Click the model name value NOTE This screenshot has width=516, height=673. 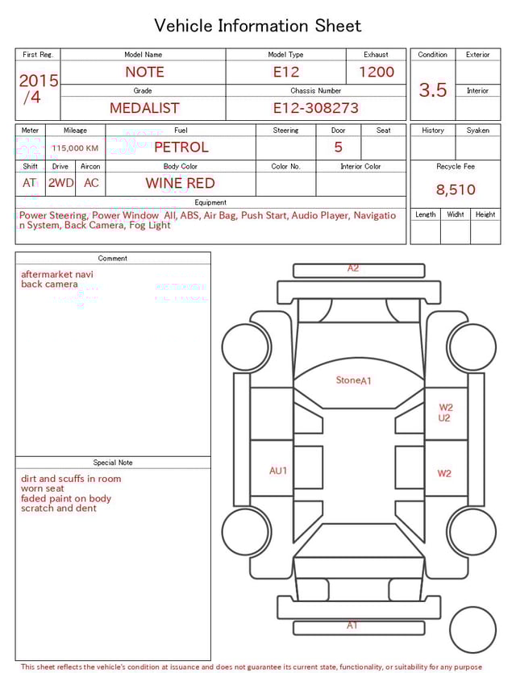pyautogui.click(x=144, y=72)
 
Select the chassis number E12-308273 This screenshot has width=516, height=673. pyautogui.click(x=315, y=107)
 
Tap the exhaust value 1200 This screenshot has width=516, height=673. pyautogui.click(x=377, y=72)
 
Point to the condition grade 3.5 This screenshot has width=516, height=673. pyautogui.click(x=433, y=89)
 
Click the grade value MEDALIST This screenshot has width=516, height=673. pyautogui.click(x=144, y=107)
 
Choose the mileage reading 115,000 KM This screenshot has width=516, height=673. pyautogui.click(x=75, y=148)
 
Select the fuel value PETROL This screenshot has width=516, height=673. pyautogui.click(x=181, y=147)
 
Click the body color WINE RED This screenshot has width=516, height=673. pyautogui.click(x=180, y=183)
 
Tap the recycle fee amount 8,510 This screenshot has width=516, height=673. pyautogui.click(x=456, y=190)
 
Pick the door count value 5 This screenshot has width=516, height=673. pyautogui.click(x=338, y=147)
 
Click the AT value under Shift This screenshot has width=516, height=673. pyautogui.click(x=30, y=183)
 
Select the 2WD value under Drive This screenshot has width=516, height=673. pyautogui.click(x=60, y=183)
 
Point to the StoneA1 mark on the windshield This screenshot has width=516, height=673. pyautogui.click(x=353, y=380)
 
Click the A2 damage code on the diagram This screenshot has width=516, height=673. pyautogui.click(x=353, y=268)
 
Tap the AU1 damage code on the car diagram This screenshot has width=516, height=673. pyautogui.click(x=278, y=471)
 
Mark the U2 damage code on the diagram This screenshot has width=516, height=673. pyautogui.click(x=444, y=418)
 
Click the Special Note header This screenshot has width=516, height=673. pyautogui.click(x=113, y=463)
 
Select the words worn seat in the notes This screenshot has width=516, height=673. pyautogui.click(x=43, y=488)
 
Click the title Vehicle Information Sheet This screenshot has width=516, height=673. pyautogui.click(x=258, y=26)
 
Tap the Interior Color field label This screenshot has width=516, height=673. pyautogui.click(x=360, y=167)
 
